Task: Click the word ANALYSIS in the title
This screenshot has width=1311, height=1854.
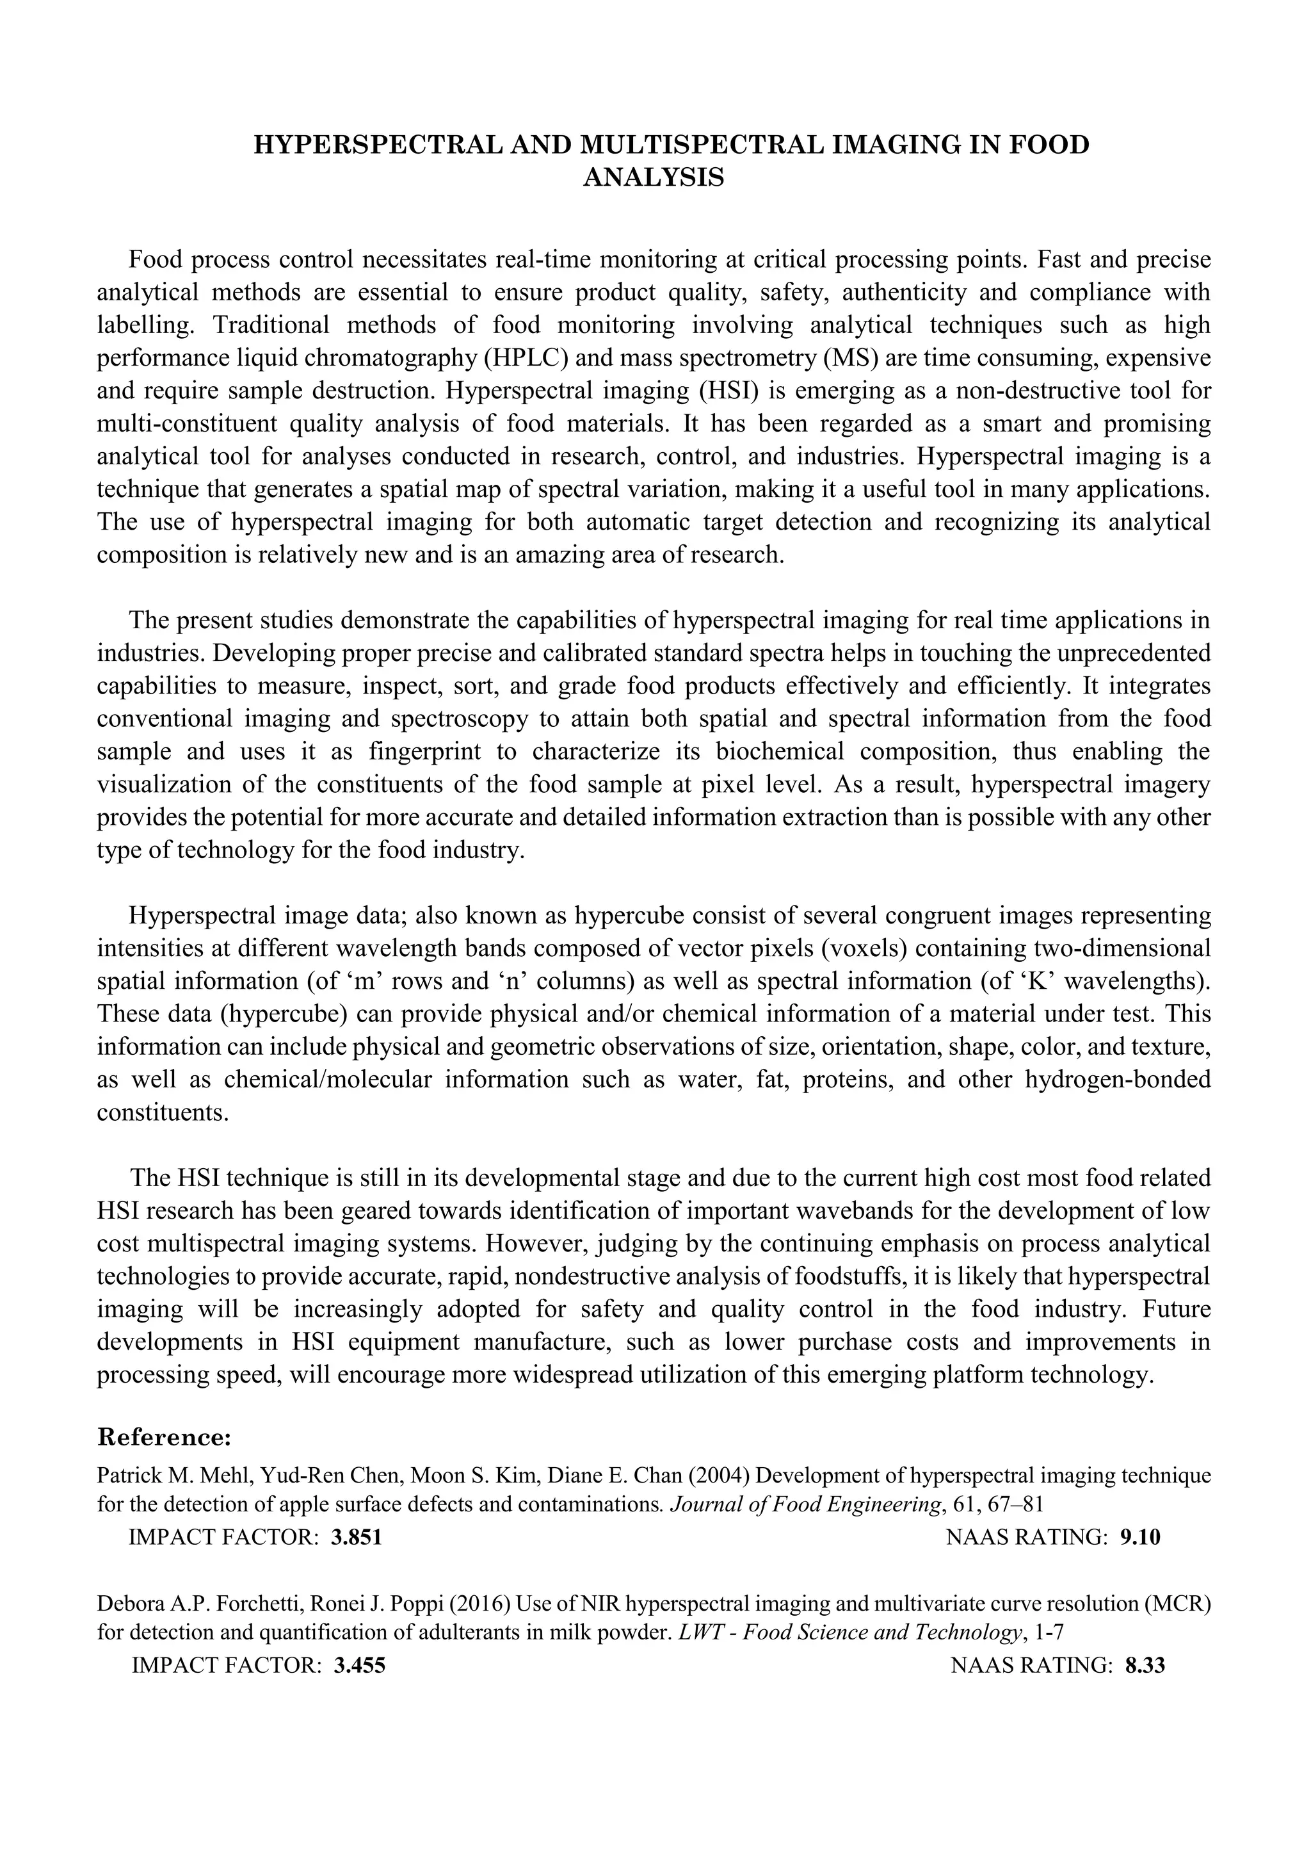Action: tap(653, 177)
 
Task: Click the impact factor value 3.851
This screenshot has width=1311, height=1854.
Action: tap(356, 1538)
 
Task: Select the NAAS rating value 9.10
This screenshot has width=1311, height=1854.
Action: tap(1140, 1538)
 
